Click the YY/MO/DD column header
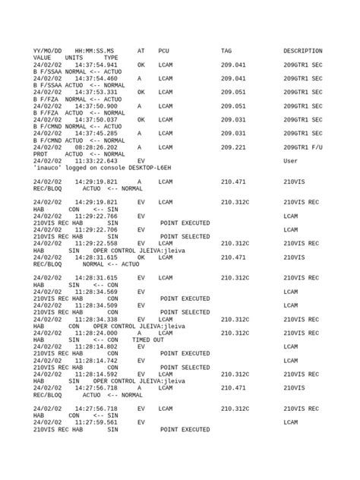point(47,51)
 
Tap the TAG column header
point(226,51)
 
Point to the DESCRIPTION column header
point(302,51)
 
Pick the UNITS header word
point(74,58)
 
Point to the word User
point(290,161)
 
